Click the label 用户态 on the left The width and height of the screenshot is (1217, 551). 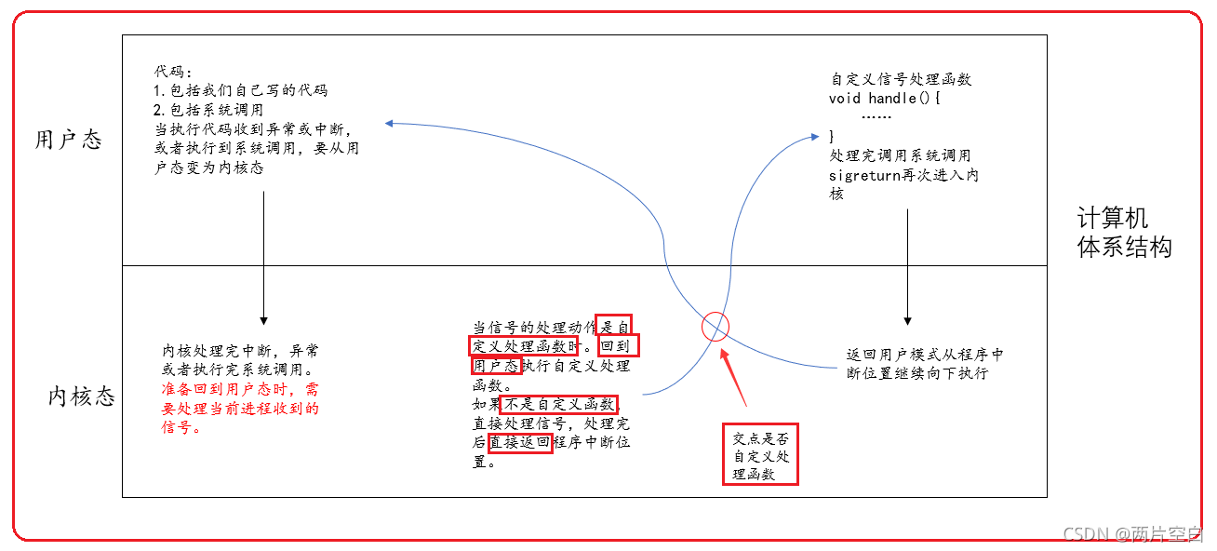pyautogui.click(x=67, y=141)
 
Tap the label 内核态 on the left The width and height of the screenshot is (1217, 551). pyautogui.click(x=82, y=396)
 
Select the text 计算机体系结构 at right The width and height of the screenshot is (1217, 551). pyautogui.click(x=1124, y=233)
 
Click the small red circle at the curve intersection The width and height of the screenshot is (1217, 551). pyautogui.click(x=715, y=327)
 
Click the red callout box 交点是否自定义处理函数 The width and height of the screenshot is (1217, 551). pyautogui.click(x=760, y=454)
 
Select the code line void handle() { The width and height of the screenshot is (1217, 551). pyautogui.click(x=885, y=98)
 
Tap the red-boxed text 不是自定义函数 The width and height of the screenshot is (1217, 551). pyautogui.click(x=558, y=404)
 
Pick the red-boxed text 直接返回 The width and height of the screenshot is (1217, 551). pyautogui.click(x=520, y=442)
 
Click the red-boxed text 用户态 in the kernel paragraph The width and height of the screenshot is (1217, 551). pyautogui.click(x=495, y=366)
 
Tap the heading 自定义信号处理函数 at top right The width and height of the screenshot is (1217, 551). pyautogui.click(x=901, y=79)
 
